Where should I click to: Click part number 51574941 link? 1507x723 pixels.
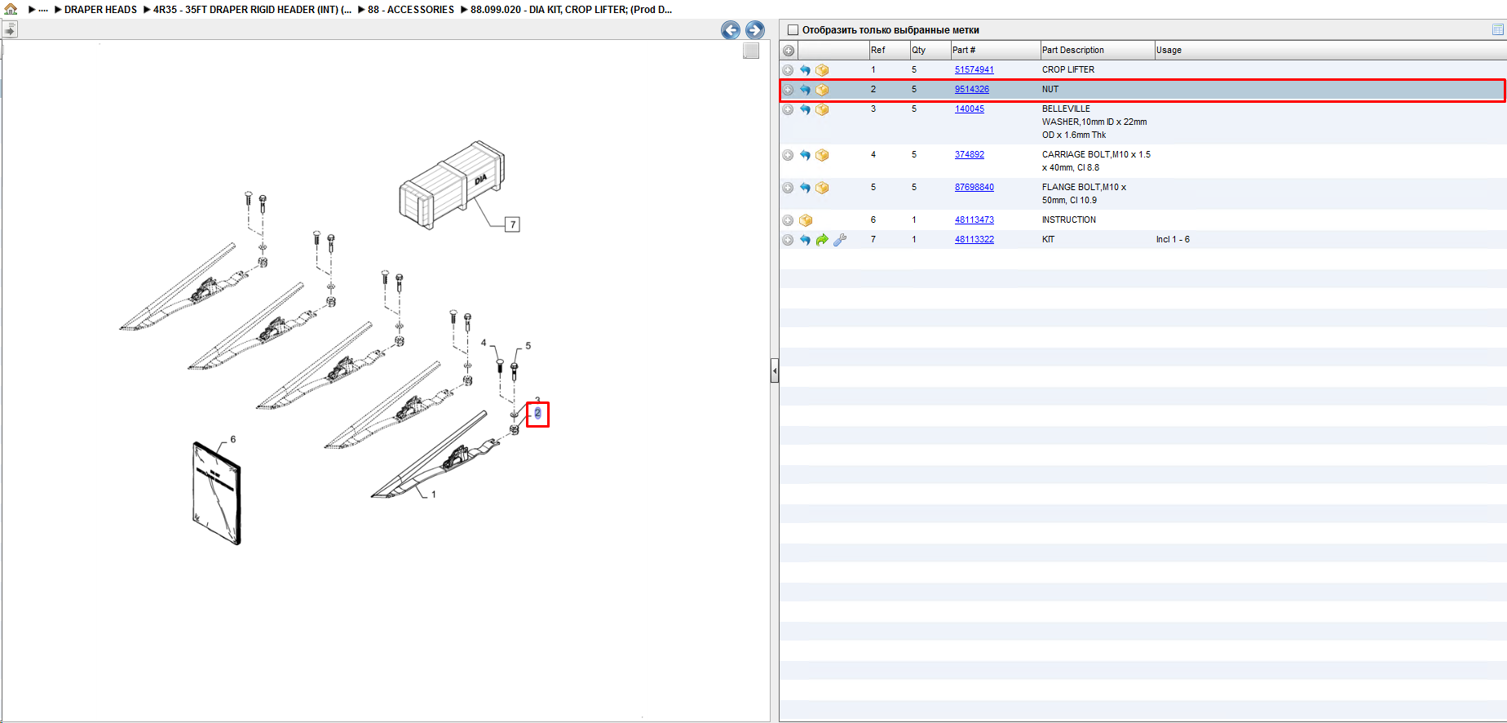(974, 69)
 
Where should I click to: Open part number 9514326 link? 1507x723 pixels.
(971, 89)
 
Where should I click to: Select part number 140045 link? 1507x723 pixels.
(969, 109)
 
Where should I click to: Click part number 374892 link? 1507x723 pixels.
(969, 154)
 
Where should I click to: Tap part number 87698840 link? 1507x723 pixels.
(974, 187)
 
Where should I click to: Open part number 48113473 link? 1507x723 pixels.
(974, 220)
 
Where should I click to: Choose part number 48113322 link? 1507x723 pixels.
(974, 239)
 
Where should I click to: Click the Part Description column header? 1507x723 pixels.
(1072, 50)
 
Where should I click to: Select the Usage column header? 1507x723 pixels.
(1168, 50)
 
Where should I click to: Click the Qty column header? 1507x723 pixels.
(918, 50)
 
